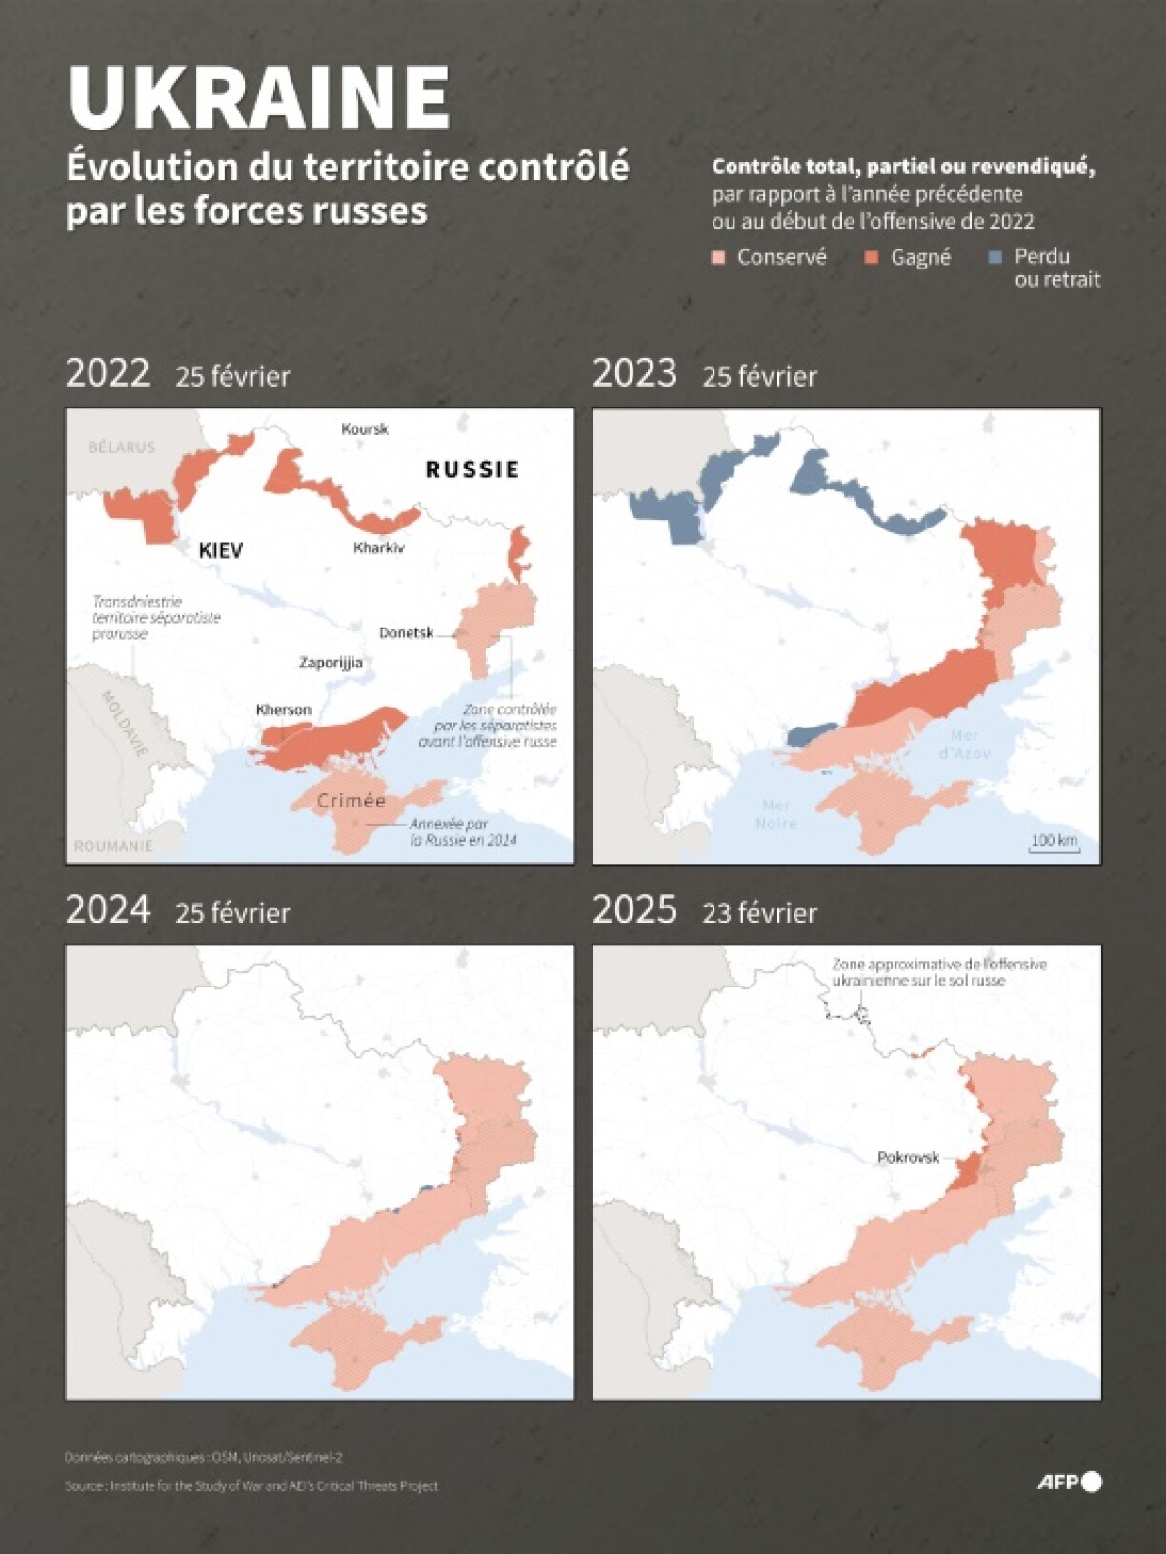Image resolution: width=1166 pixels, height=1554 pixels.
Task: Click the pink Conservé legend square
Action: pyautogui.click(x=719, y=258)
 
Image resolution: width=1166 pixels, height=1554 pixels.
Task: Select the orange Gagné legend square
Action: pyautogui.click(x=871, y=258)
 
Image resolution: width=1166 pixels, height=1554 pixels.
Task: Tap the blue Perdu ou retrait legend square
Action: pyautogui.click(x=995, y=257)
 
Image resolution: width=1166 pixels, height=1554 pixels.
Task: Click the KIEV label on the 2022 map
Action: pyautogui.click(x=221, y=550)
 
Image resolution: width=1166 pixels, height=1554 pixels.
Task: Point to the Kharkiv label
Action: pyautogui.click(x=378, y=548)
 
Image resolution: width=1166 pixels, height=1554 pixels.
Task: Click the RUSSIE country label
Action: pyautogui.click(x=472, y=469)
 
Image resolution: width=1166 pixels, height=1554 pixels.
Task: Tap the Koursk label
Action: pyautogui.click(x=364, y=429)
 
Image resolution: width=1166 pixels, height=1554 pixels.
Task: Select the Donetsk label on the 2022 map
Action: pyautogui.click(x=406, y=632)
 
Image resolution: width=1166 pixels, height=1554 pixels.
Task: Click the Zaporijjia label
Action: pyautogui.click(x=331, y=663)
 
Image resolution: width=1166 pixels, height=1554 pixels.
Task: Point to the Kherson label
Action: pyautogui.click(x=284, y=709)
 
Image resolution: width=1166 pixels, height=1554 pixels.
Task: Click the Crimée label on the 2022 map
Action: pyautogui.click(x=352, y=801)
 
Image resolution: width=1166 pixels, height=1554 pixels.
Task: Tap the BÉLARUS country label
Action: pyautogui.click(x=121, y=447)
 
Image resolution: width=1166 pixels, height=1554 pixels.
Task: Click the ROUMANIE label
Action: pyautogui.click(x=113, y=846)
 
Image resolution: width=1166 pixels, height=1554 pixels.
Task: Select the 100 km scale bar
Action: pyautogui.click(x=1055, y=843)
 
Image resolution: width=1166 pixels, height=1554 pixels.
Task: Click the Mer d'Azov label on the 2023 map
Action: pyautogui.click(x=964, y=744)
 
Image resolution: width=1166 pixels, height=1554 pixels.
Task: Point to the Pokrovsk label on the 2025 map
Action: pyautogui.click(x=908, y=1158)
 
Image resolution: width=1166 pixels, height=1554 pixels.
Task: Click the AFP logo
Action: pyautogui.click(x=1069, y=1482)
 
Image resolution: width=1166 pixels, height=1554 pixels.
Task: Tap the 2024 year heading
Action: pyautogui.click(x=108, y=909)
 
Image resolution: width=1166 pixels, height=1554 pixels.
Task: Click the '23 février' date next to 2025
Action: pyautogui.click(x=759, y=913)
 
